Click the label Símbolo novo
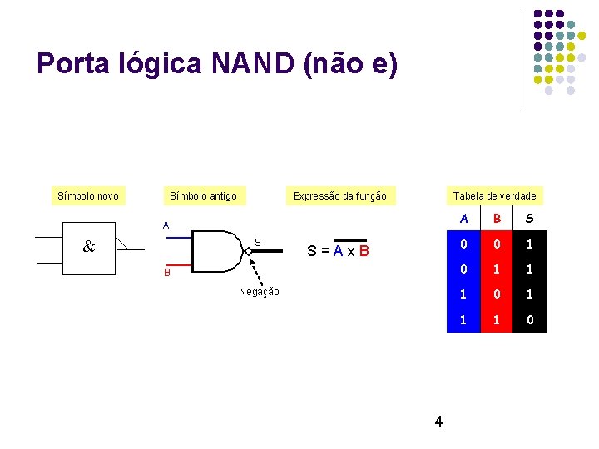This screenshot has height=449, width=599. pyautogui.click(x=87, y=196)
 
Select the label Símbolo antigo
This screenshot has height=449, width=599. pyautogui.click(x=203, y=196)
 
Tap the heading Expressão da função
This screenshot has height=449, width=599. pyautogui.click(x=339, y=196)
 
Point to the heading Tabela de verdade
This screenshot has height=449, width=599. pyautogui.click(x=495, y=196)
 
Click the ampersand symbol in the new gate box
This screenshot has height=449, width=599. pyautogui.click(x=88, y=247)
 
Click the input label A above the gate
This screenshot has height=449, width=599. pyautogui.click(x=166, y=224)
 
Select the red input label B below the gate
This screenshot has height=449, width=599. pyautogui.click(x=166, y=272)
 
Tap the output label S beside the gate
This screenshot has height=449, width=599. pyautogui.click(x=258, y=242)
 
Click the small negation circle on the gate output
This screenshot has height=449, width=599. pyautogui.click(x=249, y=250)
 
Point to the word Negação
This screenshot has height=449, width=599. pyautogui.click(x=259, y=291)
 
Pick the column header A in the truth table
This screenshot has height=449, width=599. pyautogui.click(x=463, y=220)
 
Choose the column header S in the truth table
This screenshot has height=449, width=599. pyautogui.click(x=530, y=220)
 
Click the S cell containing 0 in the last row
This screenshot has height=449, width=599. pyautogui.click(x=530, y=318)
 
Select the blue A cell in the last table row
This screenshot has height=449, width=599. pyautogui.click(x=463, y=318)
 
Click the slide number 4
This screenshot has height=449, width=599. pyautogui.click(x=438, y=422)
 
